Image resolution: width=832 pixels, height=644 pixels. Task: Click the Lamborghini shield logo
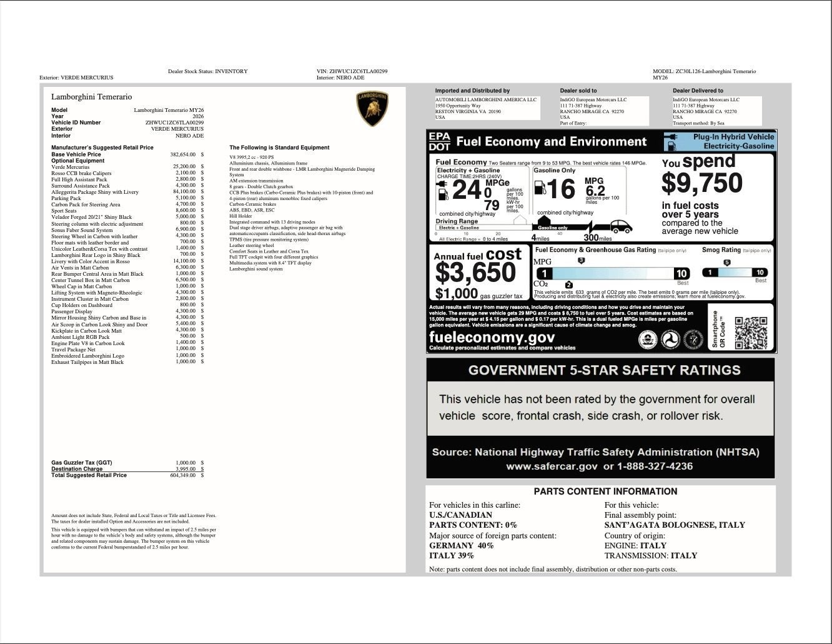[372, 109]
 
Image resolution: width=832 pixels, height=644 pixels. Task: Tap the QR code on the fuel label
[750, 333]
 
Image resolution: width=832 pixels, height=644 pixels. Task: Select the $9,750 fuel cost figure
[701, 183]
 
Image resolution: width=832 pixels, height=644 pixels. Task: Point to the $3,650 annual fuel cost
[475, 273]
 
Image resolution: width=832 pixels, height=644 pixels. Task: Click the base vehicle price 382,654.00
[183, 154]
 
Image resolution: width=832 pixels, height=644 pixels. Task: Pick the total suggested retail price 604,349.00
[183, 475]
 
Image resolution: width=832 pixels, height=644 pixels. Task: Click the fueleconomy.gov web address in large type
[492, 337]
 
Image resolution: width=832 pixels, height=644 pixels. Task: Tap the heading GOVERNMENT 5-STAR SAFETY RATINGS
[604, 370]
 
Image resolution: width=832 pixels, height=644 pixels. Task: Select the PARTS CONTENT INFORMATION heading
[605, 491]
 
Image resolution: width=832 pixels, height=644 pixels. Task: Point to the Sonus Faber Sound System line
[82, 230]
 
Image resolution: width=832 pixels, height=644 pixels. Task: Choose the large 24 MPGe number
[467, 190]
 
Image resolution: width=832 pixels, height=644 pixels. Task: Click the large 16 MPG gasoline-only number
[560, 189]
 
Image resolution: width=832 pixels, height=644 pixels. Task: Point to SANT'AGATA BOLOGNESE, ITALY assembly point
[675, 525]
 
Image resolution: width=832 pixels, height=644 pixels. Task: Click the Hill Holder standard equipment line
[240, 216]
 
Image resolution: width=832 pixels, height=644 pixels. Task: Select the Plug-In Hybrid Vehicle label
[733, 137]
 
